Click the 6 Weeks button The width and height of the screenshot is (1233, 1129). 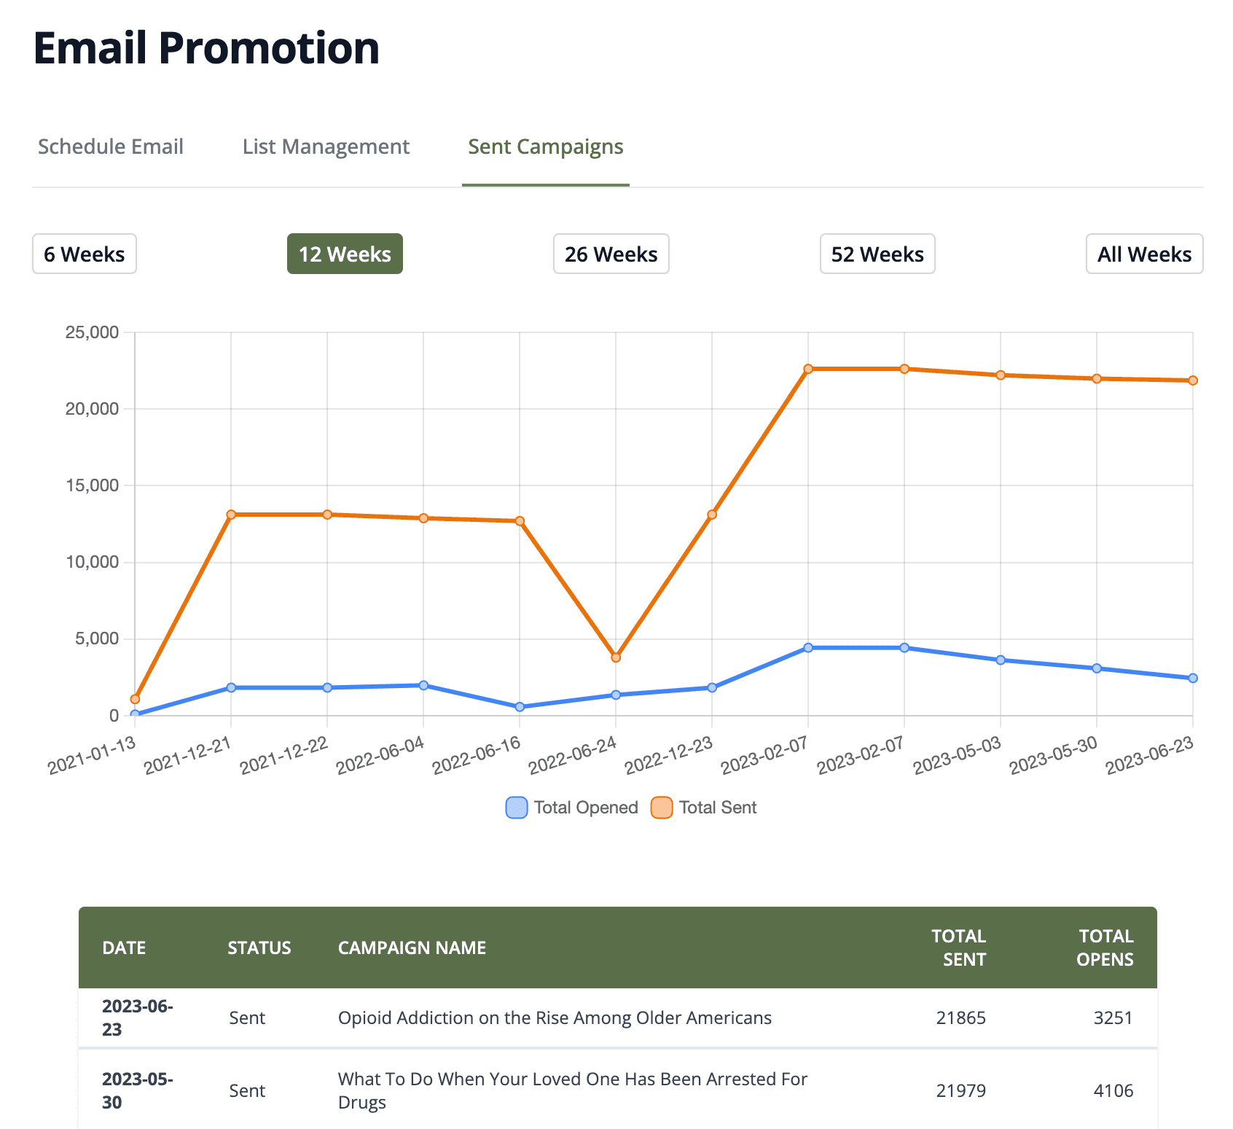(85, 254)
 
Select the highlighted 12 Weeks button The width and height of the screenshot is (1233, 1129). (345, 254)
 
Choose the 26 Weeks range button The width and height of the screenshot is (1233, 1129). (611, 254)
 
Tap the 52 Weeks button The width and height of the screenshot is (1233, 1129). (877, 254)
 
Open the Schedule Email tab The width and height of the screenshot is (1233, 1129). (111, 147)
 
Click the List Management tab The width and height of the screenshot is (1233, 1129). (326, 147)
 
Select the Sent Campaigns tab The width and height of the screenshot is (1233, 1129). (545, 147)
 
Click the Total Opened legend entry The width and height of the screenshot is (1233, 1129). (572, 808)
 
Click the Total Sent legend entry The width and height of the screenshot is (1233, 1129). (704, 808)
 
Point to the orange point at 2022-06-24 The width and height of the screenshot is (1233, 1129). (616, 657)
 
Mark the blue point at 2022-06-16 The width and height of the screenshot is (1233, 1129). (520, 707)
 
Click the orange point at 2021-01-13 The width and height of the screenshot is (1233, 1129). (135, 699)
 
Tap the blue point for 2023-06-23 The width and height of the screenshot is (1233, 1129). (1193, 678)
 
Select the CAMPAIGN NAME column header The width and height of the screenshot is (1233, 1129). (412, 948)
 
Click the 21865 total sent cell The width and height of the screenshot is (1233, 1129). (960, 1017)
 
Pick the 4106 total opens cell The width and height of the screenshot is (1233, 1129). (1113, 1090)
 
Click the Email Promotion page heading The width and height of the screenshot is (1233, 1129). (206, 48)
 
